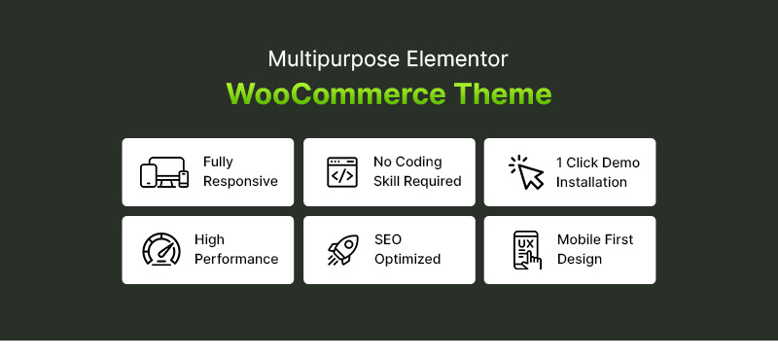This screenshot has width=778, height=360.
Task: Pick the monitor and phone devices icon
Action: [x=163, y=172]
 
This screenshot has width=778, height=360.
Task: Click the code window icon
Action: [x=341, y=172]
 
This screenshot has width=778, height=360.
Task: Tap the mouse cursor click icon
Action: [x=526, y=172]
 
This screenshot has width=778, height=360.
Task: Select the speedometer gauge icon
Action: [x=160, y=250]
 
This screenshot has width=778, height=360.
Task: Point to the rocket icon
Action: [x=341, y=250]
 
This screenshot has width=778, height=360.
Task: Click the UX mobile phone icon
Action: [x=526, y=250]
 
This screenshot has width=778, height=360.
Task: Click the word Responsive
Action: [x=240, y=182]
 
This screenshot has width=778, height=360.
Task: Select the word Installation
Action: [x=591, y=182]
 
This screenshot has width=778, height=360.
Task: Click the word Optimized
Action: [x=407, y=260]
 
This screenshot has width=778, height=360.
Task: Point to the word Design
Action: [x=579, y=260]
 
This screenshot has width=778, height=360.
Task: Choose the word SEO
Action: [x=387, y=240]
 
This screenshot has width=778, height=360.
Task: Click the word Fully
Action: [x=218, y=162]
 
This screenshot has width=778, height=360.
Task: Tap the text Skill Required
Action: [x=417, y=182]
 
